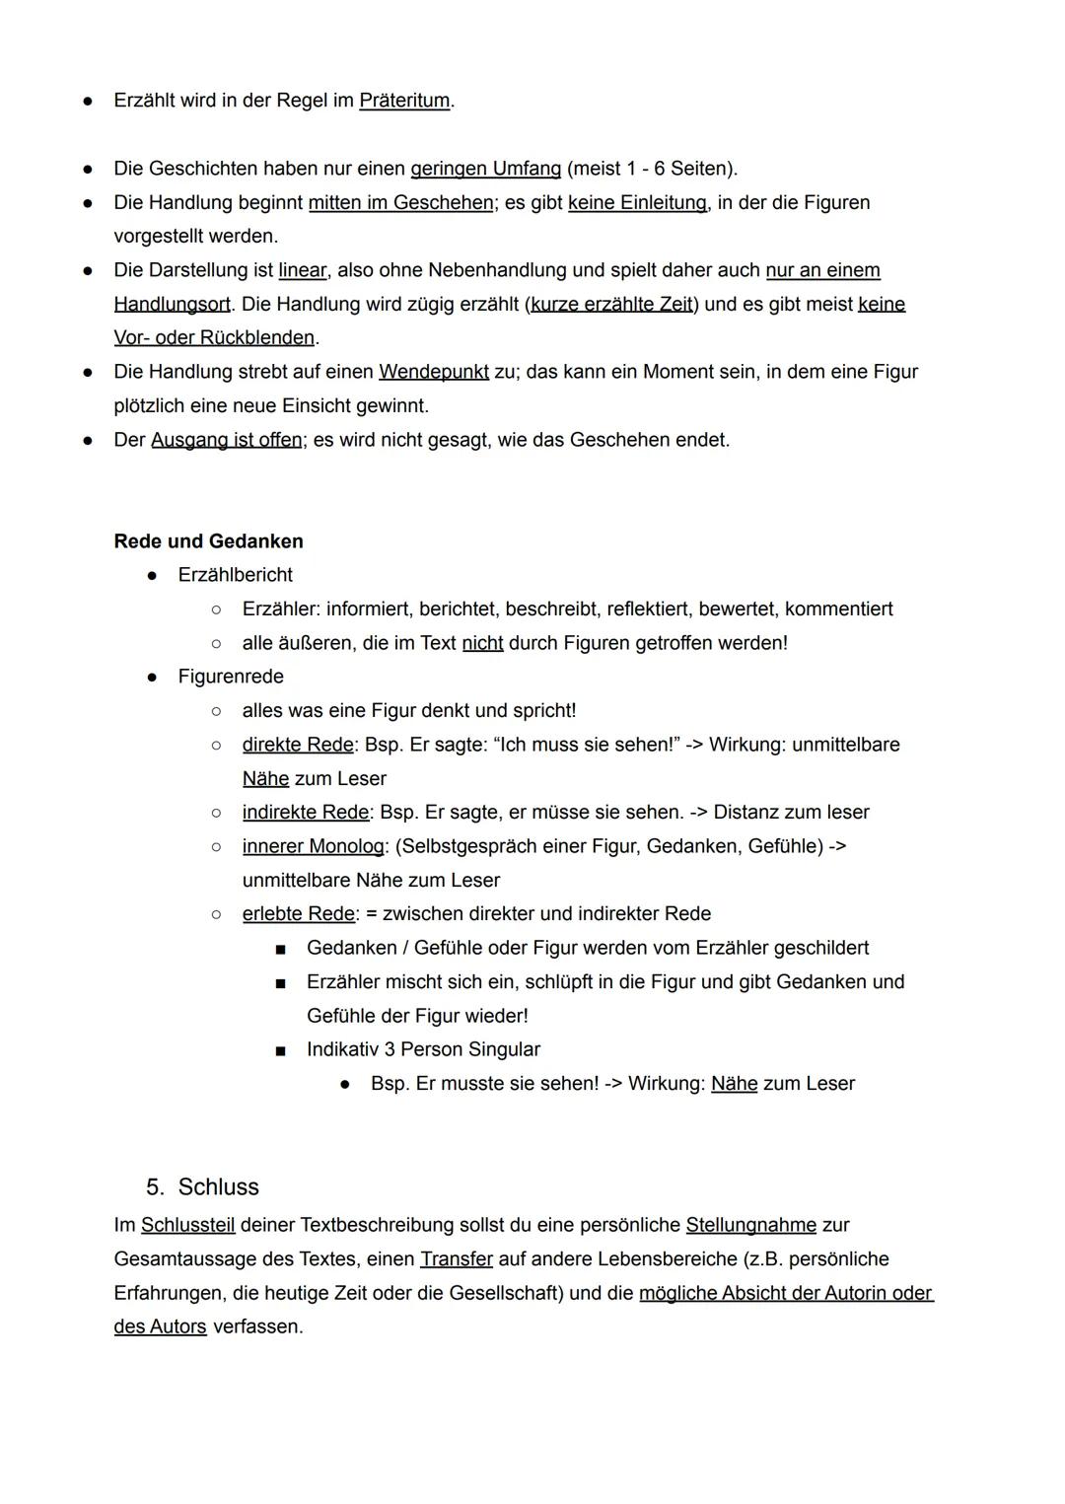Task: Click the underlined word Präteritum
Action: tap(404, 101)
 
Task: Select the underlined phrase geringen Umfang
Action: tap(485, 169)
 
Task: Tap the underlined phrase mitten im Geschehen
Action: tap(400, 202)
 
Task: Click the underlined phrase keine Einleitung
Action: tap(637, 202)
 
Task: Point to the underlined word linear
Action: tap(302, 270)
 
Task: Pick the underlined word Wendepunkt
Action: tap(434, 372)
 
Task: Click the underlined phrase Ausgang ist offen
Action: tap(227, 440)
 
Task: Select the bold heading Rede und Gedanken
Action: tap(208, 541)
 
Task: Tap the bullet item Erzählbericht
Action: tap(235, 575)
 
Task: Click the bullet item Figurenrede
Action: tap(231, 677)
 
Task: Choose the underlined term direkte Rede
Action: tap(297, 745)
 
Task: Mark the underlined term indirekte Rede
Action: tap(306, 813)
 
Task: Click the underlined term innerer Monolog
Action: tap(314, 846)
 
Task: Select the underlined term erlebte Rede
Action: tap(298, 914)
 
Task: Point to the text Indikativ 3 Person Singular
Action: tap(423, 1049)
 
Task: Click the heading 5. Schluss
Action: tap(202, 1186)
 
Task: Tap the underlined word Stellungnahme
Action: tap(750, 1225)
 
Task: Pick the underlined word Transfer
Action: tap(456, 1259)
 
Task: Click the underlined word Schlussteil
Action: tap(187, 1225)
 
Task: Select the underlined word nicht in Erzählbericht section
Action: tap(482, 643)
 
